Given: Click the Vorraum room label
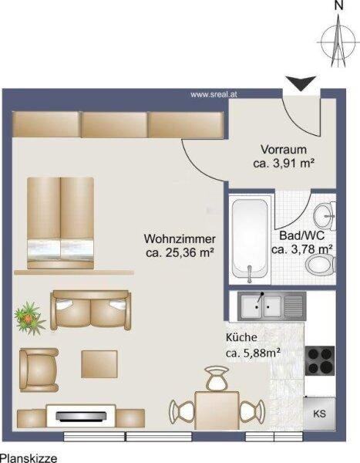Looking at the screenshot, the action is tap(284, 150).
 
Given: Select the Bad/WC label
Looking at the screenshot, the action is tap(301, 235).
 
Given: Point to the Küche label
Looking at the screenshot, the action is tap(241, 337).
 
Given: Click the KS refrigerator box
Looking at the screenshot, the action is tap(319, 414).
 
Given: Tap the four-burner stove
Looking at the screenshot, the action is tap(320, 360).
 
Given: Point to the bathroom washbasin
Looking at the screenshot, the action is tap(325, 216).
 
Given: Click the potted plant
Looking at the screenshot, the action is tap(29, 318).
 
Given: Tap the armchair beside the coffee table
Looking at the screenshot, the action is tap(39, 370).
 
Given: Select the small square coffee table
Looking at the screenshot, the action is tap(99, 364).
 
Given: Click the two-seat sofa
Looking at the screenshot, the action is tap(91, 310).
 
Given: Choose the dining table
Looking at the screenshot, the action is tap(217, 411).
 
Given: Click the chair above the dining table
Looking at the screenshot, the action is tap(217, 378).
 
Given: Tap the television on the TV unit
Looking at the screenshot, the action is tap(81, 416).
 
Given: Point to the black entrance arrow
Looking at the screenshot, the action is tap(301, 83).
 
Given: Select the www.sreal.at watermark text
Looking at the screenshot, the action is tap(214, 94).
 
